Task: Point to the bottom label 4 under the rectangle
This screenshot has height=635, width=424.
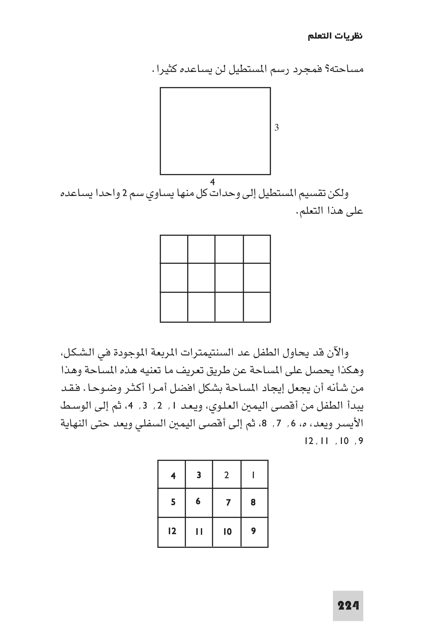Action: click(x=213, y=182)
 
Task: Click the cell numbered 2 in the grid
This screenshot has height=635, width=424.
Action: click(x=227, y=475)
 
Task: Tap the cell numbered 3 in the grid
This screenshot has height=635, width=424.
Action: click(x=199, y=475)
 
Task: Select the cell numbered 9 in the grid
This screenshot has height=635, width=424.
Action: click(x=253, y=531)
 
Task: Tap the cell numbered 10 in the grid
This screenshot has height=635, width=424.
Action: click(x=227, y=532)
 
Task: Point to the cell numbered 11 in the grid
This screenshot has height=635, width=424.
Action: click(x=199, y=532)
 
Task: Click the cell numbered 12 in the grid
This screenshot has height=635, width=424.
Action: click(x=172, y=531)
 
